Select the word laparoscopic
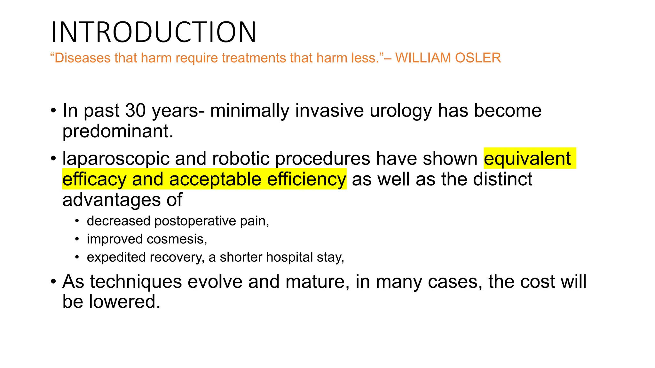115,159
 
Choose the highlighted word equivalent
527,158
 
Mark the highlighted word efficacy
94,179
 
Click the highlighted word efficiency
306,179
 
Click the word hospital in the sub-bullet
289,257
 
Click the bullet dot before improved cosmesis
77,239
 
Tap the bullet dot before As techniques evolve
53,282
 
